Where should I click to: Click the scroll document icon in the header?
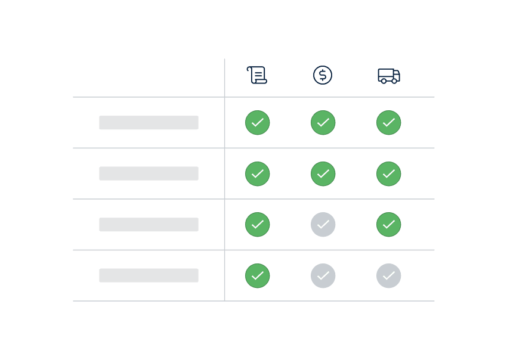click(x=257, y=75)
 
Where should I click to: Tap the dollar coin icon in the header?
click(x=323, y=75)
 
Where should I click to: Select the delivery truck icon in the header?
click(x=388, y=76)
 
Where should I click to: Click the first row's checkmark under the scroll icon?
click(x=258, y=123)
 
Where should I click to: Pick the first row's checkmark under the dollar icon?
click(x=323, y=123)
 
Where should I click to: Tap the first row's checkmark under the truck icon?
click(x=389, y=123)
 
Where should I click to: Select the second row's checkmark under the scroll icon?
click(x=258, y=174)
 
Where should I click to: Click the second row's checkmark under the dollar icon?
click(x=323, y=174)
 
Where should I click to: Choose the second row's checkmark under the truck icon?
click(x=389, y=174)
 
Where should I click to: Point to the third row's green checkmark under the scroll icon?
click(x=258, y=225)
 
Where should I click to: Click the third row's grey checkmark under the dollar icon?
click(x=323, y=225)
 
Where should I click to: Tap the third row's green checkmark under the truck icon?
click(x=389, y=225)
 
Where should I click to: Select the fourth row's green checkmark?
click(x=258, y=276)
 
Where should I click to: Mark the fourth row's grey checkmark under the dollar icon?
click(x=323, y=276)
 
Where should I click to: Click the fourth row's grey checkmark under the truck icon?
click(x=389, y=276)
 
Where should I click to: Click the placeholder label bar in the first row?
click(x=149, y=123)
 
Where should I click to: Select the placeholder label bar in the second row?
click(x=149, y=173)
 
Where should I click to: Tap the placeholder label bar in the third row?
click(x=149, y=225)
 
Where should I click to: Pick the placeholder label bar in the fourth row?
click(x=149, y=275)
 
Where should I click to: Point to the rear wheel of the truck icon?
click(x=384, y=81)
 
